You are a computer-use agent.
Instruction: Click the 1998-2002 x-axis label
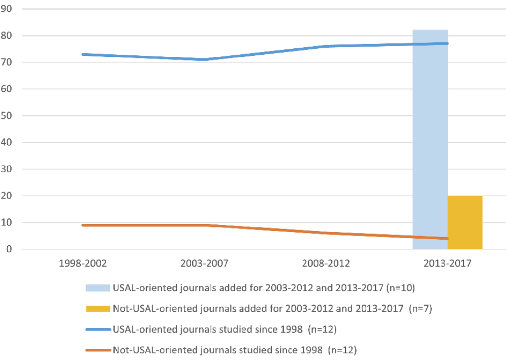[x=83, y=264]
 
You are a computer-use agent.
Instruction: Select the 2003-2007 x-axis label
[x=204, y=264]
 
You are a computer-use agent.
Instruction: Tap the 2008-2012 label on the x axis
[x=326, y=264]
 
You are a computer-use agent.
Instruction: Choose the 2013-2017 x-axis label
[x=447, y=264]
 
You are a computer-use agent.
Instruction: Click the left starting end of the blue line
[x=83, y=54]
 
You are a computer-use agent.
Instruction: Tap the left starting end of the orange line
[x=83, y=225]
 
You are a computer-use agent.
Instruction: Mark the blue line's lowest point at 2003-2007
[x=204, y=59]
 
